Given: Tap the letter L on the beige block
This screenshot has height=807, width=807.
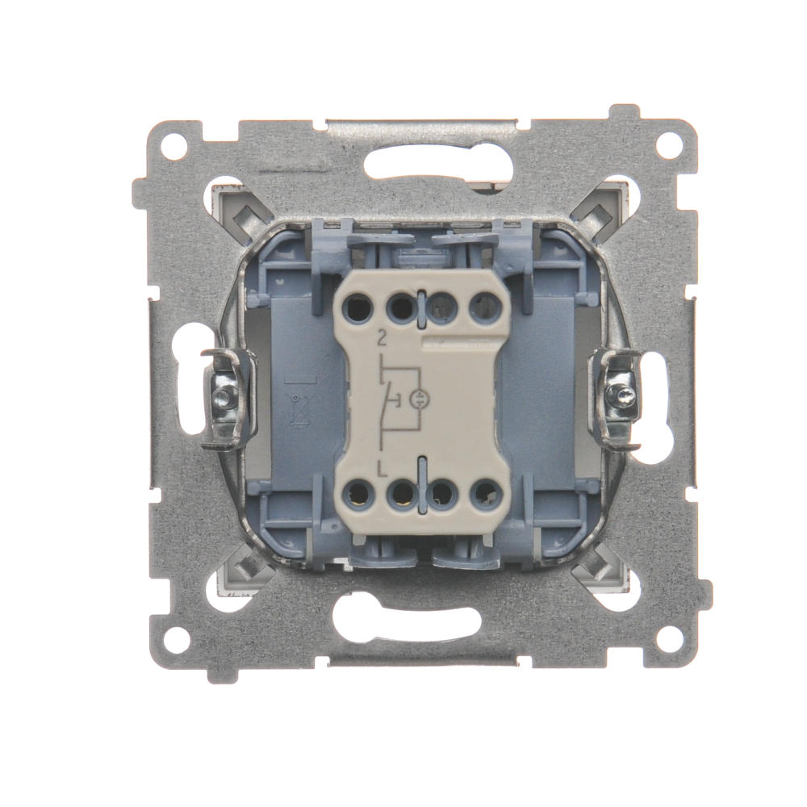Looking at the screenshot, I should tap(381, 466).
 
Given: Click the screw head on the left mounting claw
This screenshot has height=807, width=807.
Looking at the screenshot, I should tap(224, 395).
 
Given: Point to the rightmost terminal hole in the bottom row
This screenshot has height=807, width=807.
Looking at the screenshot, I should tap(484, 492).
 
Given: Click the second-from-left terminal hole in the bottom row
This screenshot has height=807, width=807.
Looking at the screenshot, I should tap(400, 492).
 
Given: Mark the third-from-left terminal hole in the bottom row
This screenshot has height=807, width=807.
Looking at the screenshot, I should tap(443, 492).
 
